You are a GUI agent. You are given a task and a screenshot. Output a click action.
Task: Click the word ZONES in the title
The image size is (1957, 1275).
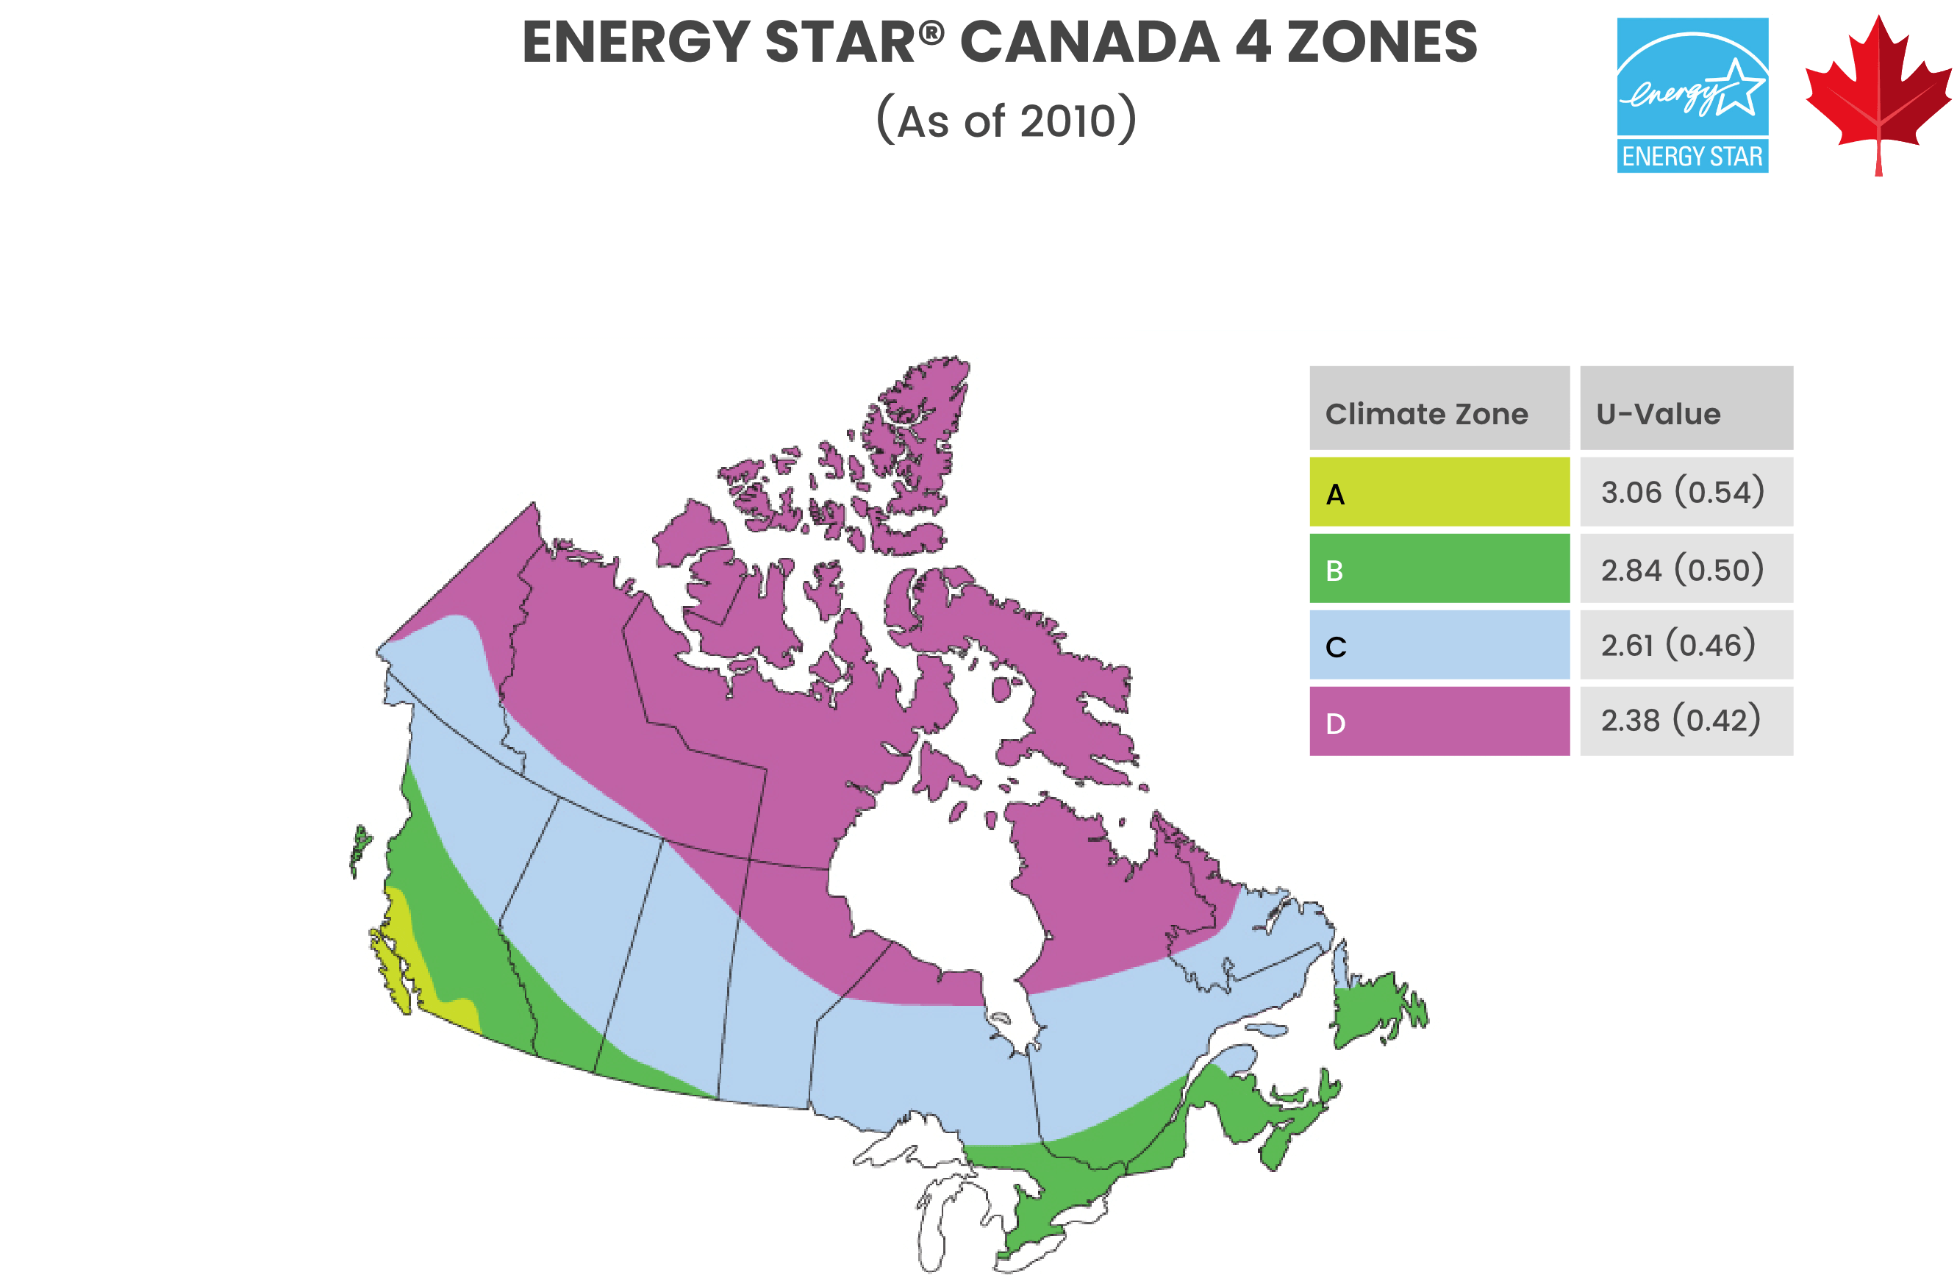(x=1381, y=43)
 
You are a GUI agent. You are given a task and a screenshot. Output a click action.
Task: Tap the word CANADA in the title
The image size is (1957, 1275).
(x=1090, y=43)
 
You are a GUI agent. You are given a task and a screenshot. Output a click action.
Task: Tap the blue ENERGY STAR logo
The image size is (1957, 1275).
(x=1692, y=95)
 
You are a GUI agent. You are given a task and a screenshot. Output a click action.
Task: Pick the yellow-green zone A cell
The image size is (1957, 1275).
(x=1439, y=492)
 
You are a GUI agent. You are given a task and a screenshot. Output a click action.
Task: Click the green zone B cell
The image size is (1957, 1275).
(x=1439, y=568)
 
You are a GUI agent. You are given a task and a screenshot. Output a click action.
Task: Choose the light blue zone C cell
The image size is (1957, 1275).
(x=1439, y=645)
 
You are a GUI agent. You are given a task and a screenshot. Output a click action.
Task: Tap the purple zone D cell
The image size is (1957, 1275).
(x=1439, y=721)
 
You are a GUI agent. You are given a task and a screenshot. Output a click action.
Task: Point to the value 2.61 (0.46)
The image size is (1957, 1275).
(x=1678, y=645)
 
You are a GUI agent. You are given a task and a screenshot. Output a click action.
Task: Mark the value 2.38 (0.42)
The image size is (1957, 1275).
(x=1681, y=721)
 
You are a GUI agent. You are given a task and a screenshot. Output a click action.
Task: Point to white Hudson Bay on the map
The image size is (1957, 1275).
(x=929, y=888)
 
